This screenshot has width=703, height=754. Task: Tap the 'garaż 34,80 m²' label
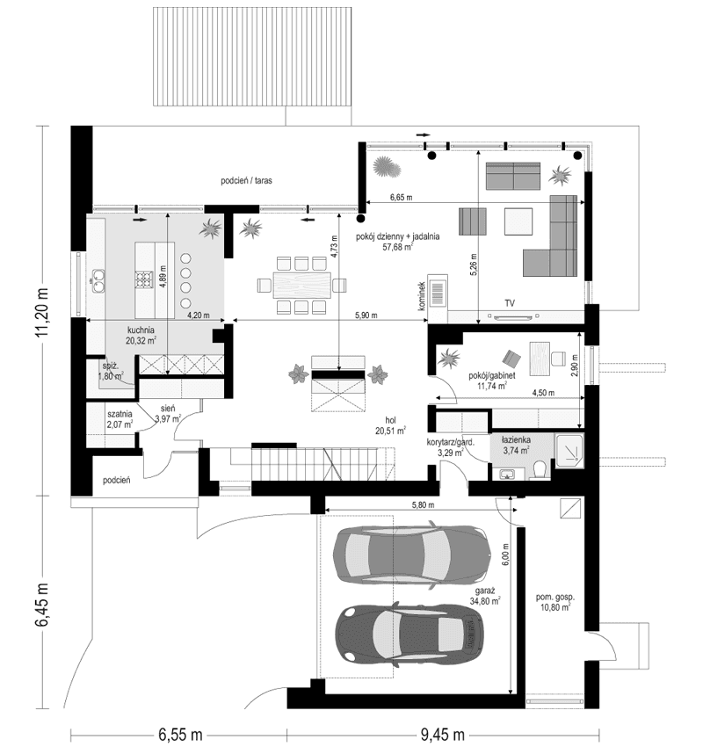(484, 597)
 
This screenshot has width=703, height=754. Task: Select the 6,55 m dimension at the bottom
(180, 734)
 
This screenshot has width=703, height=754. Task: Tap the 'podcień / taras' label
(246, 180)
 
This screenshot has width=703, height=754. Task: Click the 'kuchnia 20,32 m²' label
(141, 335)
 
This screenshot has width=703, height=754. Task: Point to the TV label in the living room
(510, 303)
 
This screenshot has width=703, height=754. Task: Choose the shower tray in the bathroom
(569, 450)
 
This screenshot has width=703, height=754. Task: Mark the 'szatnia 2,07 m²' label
(120, 418)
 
